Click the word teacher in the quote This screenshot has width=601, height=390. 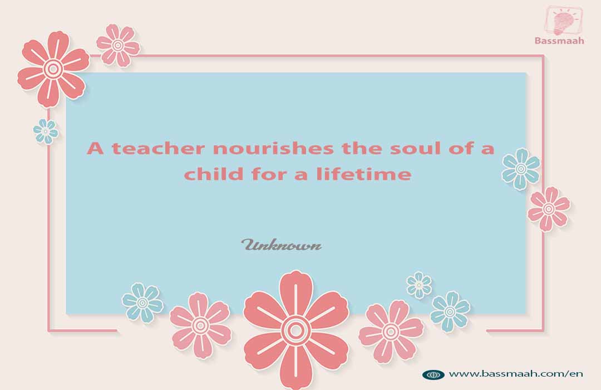click(157, 148)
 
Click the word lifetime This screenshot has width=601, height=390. click(364, 174)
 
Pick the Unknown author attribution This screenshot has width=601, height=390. click(282, 245)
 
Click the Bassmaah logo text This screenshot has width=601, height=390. click(559, 41)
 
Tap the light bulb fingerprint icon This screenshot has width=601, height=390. click(563, 21)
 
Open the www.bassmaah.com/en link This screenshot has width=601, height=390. click(516, 373)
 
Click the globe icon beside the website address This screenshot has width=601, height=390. click(433, 374)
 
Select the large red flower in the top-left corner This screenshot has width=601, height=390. click(53, 69)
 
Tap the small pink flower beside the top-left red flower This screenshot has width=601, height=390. click(117, 45)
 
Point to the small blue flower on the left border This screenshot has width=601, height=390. click(46, 131)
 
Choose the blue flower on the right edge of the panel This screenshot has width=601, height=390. click(521, 168)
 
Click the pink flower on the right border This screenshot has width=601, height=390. click(549, 209)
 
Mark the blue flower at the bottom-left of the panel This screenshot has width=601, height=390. click(142, 303)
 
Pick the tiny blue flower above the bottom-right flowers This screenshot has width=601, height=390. click(419, 285)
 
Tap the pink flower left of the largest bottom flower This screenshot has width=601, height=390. click(200, 325)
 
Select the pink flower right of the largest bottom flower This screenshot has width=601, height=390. click(391, 331)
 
